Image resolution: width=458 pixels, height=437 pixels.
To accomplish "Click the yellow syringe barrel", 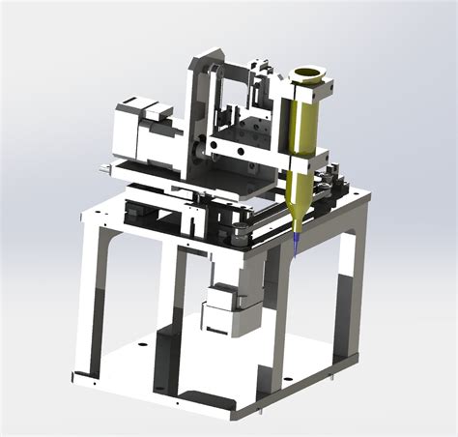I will coord(305,135).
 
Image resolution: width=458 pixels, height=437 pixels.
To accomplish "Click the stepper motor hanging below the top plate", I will coord(219,306).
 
